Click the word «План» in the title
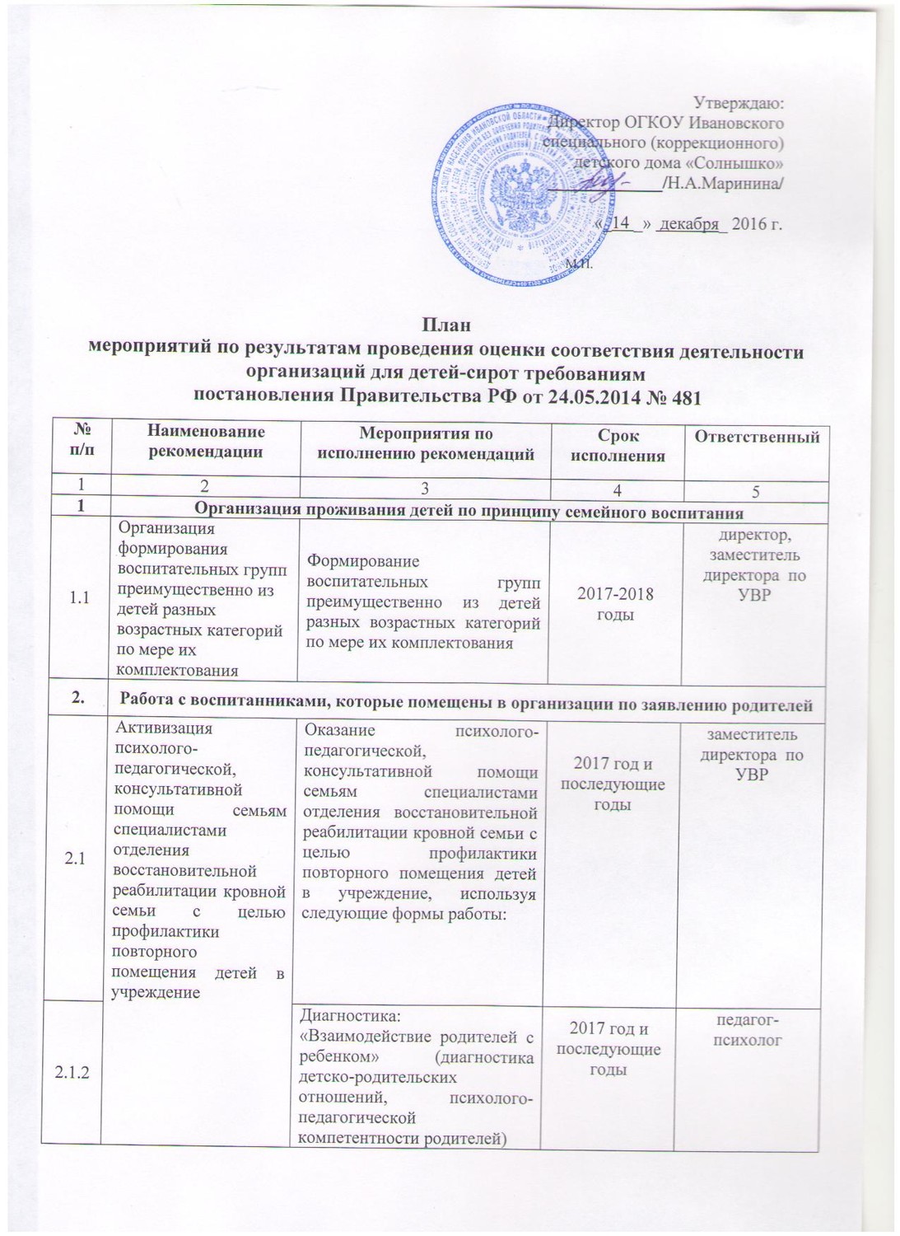pos(450,325)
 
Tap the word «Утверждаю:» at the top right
pos(739,104)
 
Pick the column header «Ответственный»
pos(757,437)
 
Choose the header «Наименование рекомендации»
pos(207,441)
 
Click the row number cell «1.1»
pos(80,598)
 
